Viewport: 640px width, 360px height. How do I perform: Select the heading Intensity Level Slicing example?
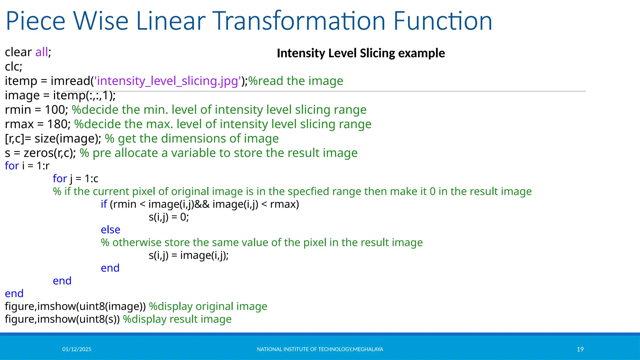pyautogui.click(x=361, y=53)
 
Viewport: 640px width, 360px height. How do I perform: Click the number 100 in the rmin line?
pyautogui.click(x=55, y=110)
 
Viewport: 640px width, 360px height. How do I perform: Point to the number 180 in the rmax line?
pyautogui.click(x=57, y=124)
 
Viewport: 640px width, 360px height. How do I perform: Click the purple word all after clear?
pyautogui.click(x=42, y=52)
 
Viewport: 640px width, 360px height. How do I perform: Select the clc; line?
pyautogui.click(x=13, y=67)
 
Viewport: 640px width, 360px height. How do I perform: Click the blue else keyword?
pyautogui.click(x=110, y=230)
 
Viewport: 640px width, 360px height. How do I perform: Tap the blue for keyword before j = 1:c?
pyautogui.click(x=60, y=178)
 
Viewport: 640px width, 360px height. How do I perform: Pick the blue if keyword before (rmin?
pyautogui.click(x=104, y=204)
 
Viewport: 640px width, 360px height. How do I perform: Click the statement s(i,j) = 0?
pyautogui.click(x=169, y=217)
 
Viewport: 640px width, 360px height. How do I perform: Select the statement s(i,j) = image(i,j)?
pyautogui.click(x=188, y=255)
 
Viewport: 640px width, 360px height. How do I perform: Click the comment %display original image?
pyautogui.click(x=208, y=306)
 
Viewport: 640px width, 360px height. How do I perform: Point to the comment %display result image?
pyautogui.click(x=177, y=319)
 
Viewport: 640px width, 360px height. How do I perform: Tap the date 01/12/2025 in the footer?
pyautogui.click(x=77, y=349)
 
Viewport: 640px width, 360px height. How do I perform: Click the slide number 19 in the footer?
pyautogui.click(x=580, y=349)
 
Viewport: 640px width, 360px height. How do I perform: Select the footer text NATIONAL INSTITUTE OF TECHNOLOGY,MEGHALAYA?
pyautogui.click(x=320, y=349)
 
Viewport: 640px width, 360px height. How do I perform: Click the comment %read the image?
pyautogui.click(x=296, y=81)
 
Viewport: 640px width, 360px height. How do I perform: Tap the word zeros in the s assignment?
pyautogui.click(x=38, y=153)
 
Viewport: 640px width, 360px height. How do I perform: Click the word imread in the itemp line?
pyautogui.click(x=70, y=81)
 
